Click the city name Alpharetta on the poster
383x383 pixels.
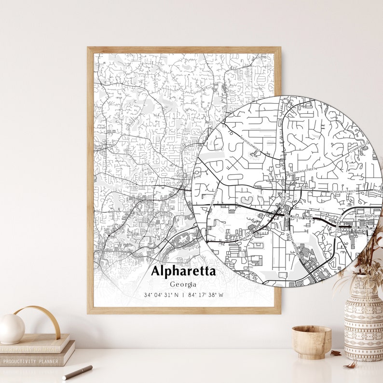(x=183, y=271)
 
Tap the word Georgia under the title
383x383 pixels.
(x=183, y=284)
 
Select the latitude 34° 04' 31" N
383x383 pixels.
(x=161, y=295)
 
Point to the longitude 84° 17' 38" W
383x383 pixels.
(x=205, y=295)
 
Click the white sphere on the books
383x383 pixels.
(x=12, y=328)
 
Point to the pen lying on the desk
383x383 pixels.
(x=77, y=372)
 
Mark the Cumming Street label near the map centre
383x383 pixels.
(x=301, y=170)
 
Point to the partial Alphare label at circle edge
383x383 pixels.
(x=373, y=216)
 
